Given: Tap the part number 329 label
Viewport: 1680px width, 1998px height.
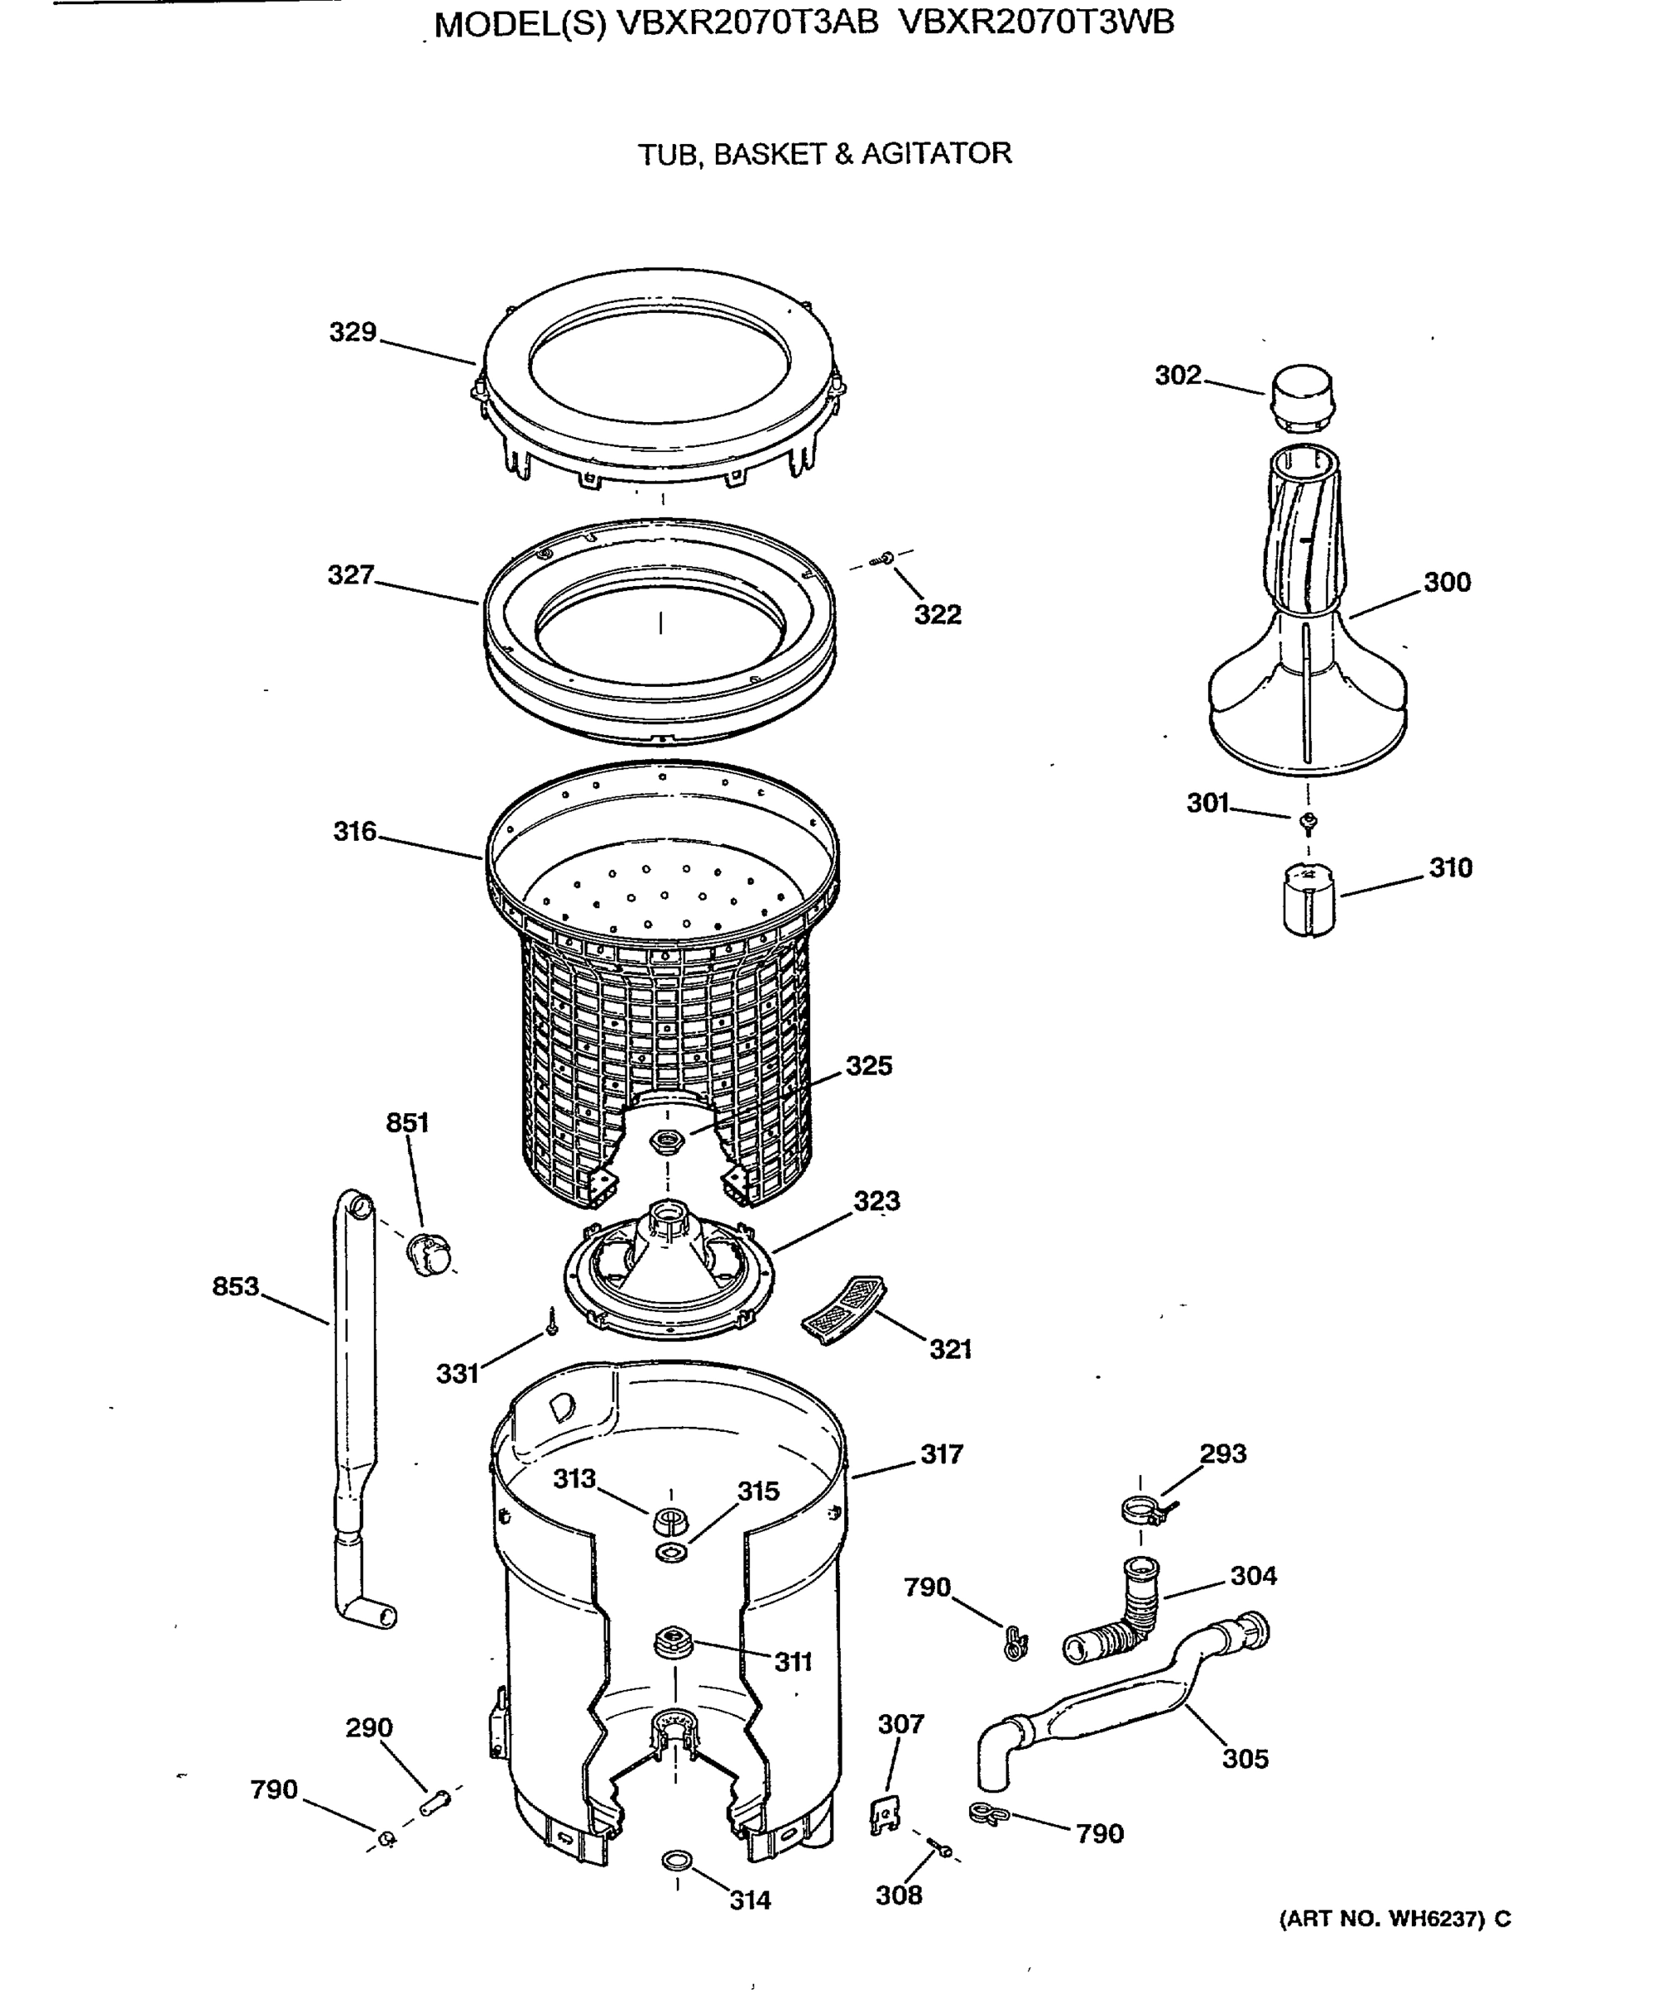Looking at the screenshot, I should pyautogui.click(x=352, y=332).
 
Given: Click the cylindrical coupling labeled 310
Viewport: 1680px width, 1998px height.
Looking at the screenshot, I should pyautogui.click(x=1309, y=898).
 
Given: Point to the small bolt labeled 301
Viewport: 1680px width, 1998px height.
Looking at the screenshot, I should pyautogui.click(x=1309, y=820).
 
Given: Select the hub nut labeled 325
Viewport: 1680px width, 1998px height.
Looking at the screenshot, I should pyautogui.click(x=667, y=1139).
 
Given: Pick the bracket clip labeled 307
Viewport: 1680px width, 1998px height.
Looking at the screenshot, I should pyautogui.click(x=886, y=1814).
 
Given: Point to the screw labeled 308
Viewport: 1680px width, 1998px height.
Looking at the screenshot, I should pyautogui.click(x=940, y=1847).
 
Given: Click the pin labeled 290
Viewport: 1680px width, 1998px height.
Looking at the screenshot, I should pyautogui.click(x=435, y=1800).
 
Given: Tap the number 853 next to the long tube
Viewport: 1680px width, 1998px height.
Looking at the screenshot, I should pyautogui.click(x=236, y=1286).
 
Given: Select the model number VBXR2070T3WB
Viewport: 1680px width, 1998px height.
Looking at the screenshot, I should pyautogui.click(x=1036, y=22).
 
